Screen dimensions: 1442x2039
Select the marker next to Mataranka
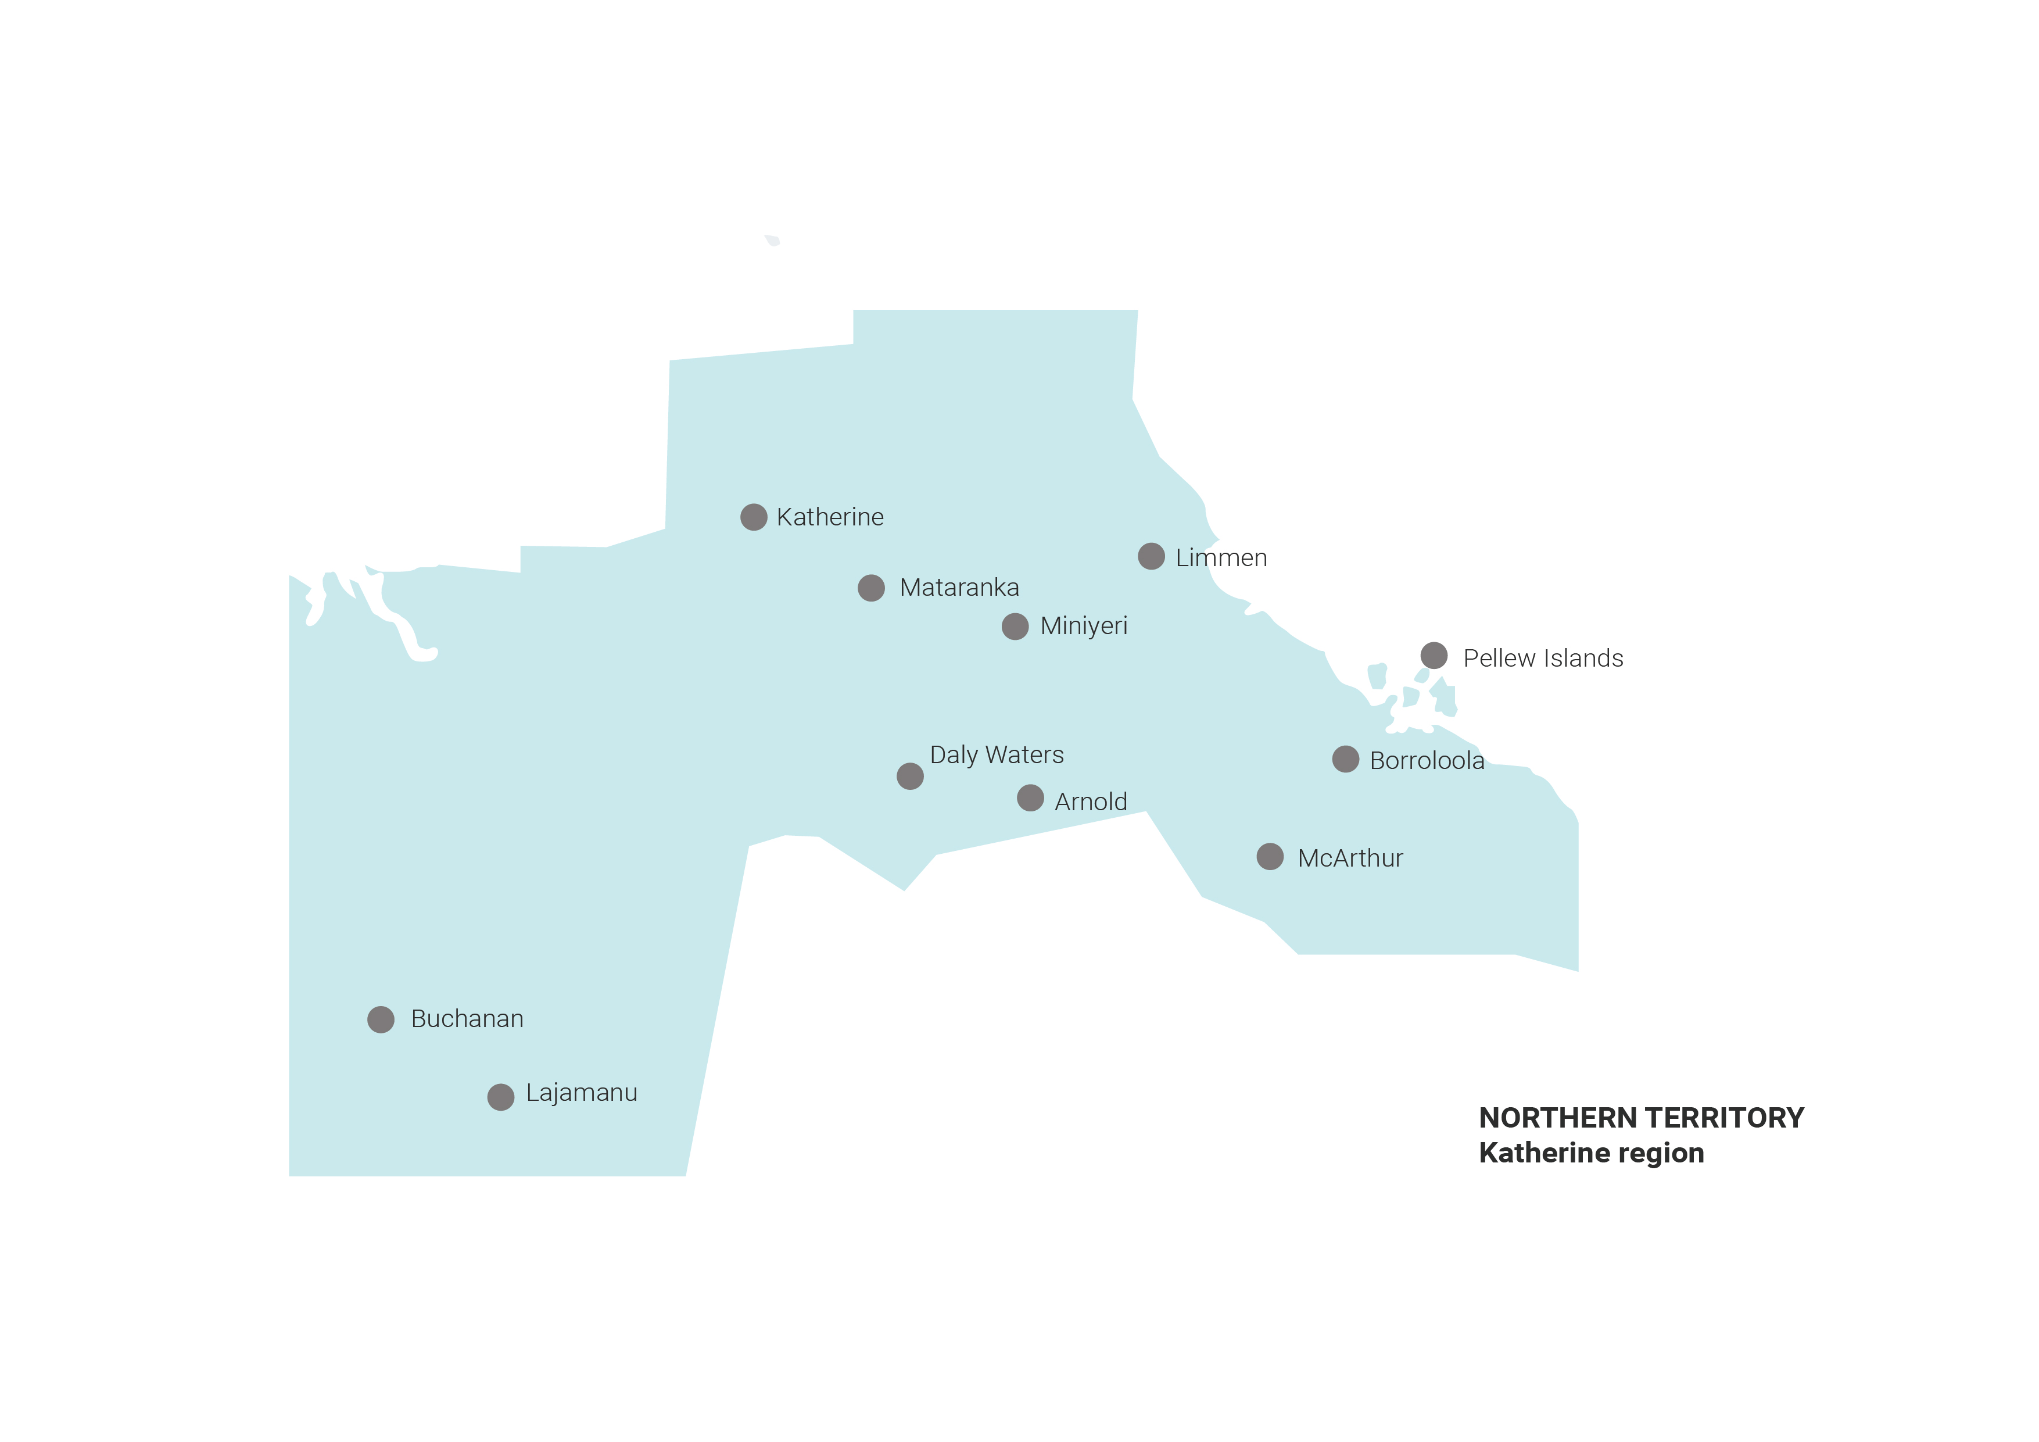pos(871,588)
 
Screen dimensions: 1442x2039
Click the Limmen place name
pos(1221,558)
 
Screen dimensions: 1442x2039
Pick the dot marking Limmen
pos(1151,556)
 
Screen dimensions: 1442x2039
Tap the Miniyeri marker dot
pos(1015,627)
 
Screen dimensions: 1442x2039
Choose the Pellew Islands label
pos(1543,659)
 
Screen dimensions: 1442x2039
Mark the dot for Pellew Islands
pos(1434,656)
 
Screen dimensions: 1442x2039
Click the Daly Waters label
pos(997,755)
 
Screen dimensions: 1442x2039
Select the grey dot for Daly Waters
pos(911,777)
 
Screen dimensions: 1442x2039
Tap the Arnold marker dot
pos(1030,798)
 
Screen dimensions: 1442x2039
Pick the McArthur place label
pos(1350,858)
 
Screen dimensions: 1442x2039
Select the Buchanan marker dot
pos(381,1020)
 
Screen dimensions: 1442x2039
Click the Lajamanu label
pos(582,1093)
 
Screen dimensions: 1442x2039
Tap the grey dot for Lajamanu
pos(501,1097)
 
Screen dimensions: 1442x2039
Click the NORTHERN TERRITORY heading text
pos(1641,1118)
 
